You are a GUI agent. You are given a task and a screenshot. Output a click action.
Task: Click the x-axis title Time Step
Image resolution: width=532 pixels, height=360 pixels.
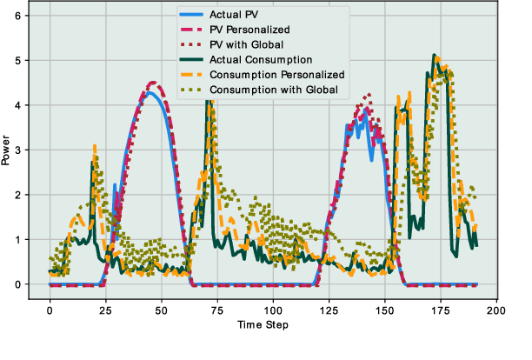click(x=263, y=324)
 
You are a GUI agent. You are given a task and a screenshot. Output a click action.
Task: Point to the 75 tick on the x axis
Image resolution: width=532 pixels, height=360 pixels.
click(x=217, y=310)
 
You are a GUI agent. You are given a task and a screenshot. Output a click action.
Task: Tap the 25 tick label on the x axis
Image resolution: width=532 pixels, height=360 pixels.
click(x=105, y=310)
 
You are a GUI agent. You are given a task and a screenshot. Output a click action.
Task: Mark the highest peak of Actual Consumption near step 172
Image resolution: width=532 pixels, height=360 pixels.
click(x=434, y=55)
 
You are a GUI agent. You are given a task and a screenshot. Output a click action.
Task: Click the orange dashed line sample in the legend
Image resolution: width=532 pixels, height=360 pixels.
click(x=190, y=75)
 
